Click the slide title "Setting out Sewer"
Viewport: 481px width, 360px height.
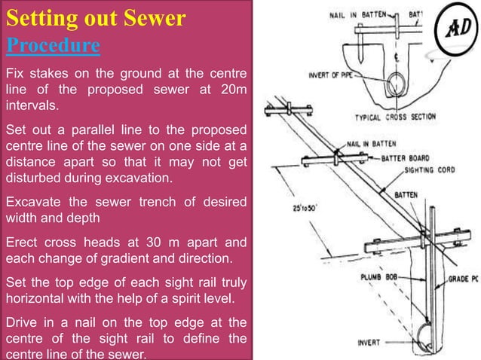point(95,18)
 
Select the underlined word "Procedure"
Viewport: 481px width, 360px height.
point(53,45)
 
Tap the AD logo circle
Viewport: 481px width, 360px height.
point(456,30)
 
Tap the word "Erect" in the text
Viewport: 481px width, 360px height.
point(22,243)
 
